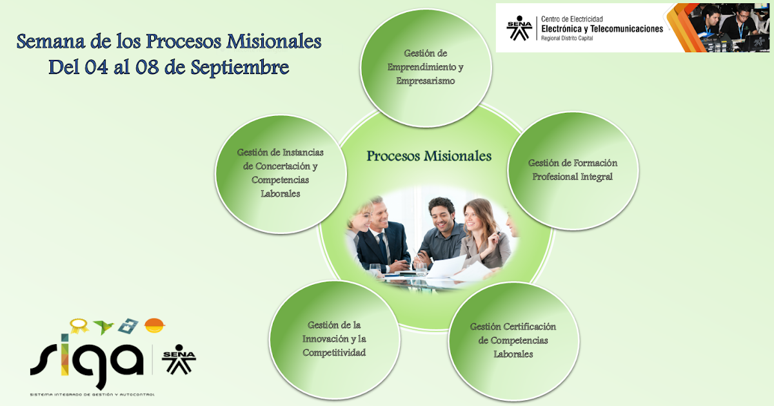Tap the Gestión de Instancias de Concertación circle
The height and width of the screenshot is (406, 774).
(x=280, y=173)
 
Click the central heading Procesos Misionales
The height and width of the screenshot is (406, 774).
(x=429, y=156)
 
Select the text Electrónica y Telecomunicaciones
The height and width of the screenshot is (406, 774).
(x=602, y=29)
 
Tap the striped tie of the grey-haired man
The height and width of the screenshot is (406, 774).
(x=383, y=248)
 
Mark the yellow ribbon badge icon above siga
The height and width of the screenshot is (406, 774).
(x=79, y=325)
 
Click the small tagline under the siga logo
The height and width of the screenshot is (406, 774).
(x=92, y=394)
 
